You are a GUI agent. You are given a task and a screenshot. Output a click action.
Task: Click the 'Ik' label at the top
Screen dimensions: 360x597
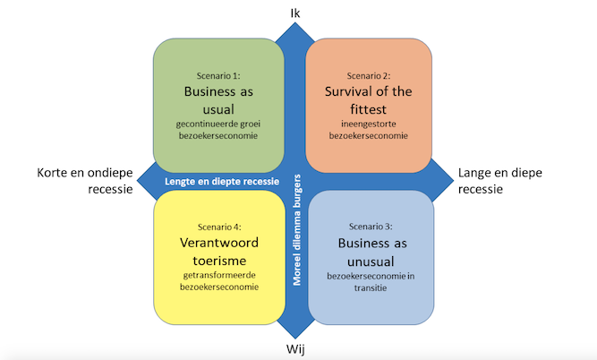coord(296,12)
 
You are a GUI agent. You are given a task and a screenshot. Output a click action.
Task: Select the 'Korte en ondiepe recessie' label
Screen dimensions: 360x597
coord(85,181)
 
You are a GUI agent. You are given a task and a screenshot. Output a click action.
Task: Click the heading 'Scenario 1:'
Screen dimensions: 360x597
coord(218,76)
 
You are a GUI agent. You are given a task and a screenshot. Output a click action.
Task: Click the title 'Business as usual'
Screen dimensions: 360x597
coord(218,100)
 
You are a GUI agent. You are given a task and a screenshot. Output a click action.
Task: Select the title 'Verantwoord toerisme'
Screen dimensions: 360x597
coord(218,252)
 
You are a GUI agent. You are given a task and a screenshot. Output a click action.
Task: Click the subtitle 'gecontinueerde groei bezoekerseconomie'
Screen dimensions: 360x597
coord(218,130)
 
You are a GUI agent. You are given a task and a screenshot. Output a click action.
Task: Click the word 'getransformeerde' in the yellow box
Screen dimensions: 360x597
coord(218,275)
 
